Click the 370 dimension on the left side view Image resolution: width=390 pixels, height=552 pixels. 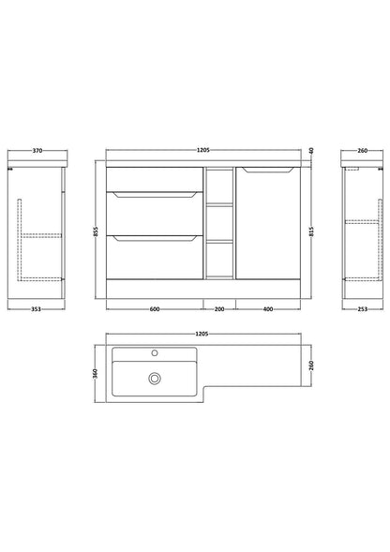coord(37,151)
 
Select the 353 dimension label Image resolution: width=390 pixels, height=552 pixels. coord(36,309)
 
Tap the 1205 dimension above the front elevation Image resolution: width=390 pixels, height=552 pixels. coord(202,150)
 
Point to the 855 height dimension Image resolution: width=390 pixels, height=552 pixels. coord(97,231)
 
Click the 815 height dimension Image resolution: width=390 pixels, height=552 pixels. coord(311,231)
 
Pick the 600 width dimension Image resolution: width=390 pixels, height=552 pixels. coord(155,309)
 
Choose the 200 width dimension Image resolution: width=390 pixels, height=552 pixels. coord(219,309)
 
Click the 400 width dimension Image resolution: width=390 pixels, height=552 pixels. coord(268,309)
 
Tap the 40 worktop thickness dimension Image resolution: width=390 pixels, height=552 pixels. coord(311,151)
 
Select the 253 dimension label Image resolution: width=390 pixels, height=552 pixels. coord(362,309)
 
